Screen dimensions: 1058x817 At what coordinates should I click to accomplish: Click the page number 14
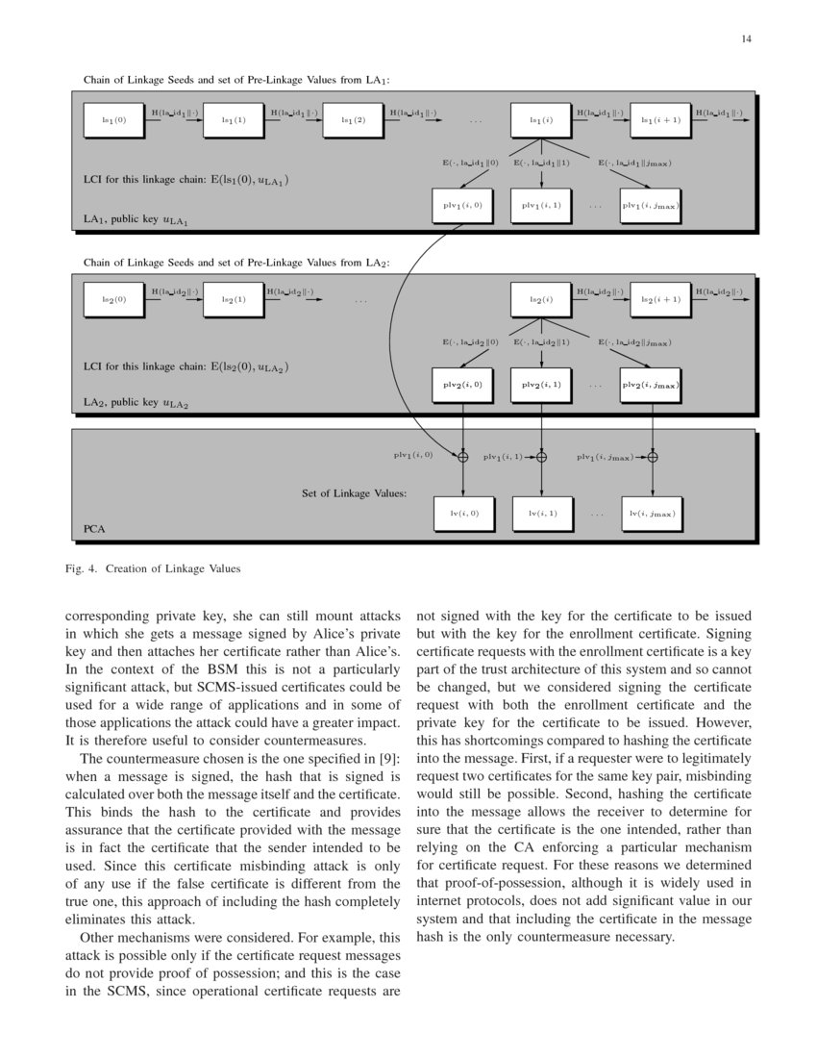coord(747,39)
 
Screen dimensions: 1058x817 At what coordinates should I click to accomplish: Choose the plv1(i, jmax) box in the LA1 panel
coord(650,205)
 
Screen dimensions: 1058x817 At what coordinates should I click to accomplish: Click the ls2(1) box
coord(234,299)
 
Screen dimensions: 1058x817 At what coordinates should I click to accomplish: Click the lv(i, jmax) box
coord(652,514)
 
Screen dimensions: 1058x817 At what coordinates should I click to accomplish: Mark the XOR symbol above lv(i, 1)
coord(541,456)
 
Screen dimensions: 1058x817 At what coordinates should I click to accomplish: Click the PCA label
coord(94,529)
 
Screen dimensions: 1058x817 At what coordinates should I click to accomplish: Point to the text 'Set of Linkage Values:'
coord(355,493)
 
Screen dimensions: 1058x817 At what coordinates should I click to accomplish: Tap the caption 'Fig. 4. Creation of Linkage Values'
coord(152,568)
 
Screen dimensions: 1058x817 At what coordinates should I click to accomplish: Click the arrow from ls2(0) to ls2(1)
coord(175,299)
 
